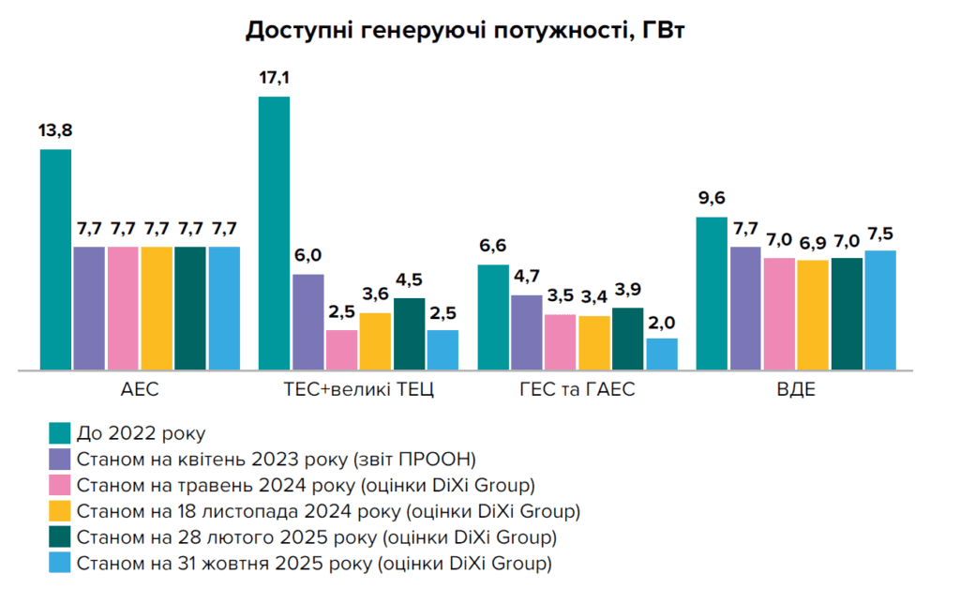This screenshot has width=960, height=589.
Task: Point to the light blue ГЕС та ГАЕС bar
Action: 661,354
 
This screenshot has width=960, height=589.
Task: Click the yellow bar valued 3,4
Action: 593,342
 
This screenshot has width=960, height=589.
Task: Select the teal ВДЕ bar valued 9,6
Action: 712,293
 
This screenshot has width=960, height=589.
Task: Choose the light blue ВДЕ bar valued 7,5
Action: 880,310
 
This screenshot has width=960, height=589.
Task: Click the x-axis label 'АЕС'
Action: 139,390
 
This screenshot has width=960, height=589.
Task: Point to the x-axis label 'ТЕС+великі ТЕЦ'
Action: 358,390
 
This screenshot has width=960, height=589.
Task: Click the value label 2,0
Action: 661,323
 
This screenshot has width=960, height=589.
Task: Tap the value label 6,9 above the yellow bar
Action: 813,244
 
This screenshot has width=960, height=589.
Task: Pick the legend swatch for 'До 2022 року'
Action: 59,433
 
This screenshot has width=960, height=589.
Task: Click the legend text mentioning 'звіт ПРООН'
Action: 277,460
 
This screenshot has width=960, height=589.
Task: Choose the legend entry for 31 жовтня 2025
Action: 314,564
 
